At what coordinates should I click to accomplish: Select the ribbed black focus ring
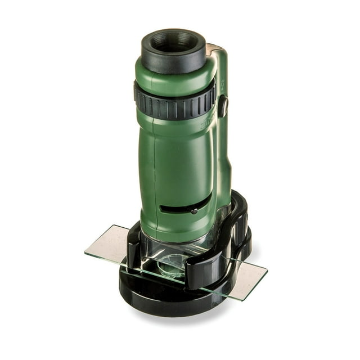point(174,101)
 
